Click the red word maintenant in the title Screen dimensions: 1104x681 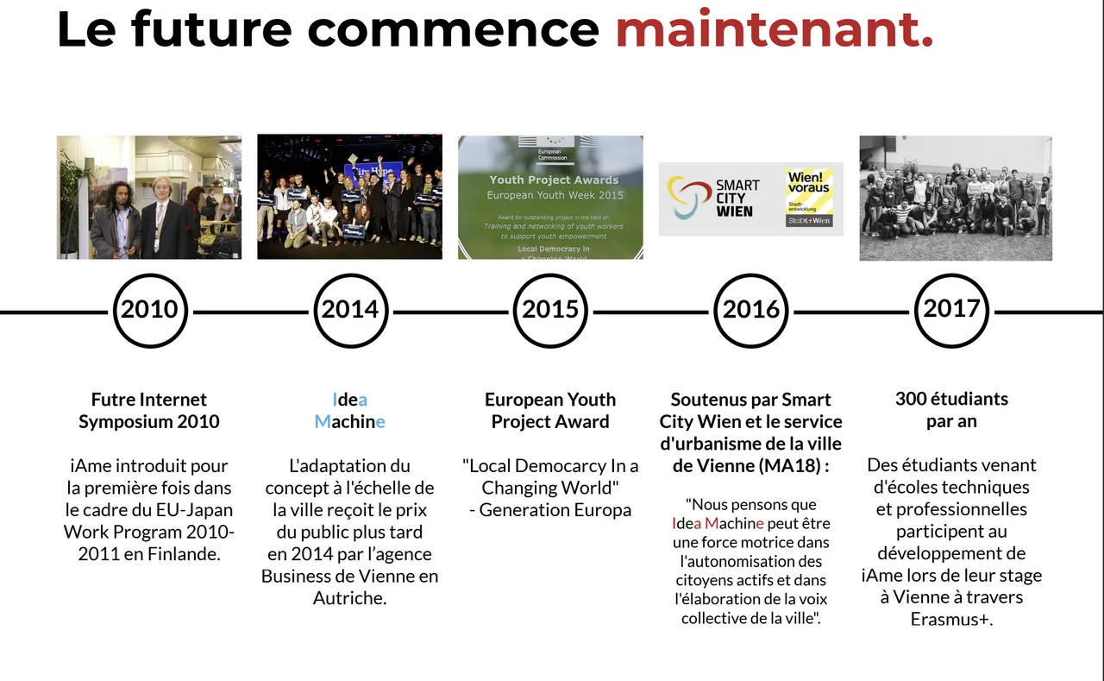pos(775,29)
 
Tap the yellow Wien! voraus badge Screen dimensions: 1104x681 pos(809,198)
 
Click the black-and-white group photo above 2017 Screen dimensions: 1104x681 pos(956,198)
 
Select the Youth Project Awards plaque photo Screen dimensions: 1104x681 pos(550,198)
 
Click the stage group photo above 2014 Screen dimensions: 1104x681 pos(350,197)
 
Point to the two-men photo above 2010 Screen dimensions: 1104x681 pos(149,198)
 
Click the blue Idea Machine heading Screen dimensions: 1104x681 pos(350,410)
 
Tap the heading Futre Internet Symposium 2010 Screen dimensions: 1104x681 pos(149,410)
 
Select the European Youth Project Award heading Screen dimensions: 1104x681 pos(550,410)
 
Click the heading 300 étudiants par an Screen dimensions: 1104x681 pos(951,410)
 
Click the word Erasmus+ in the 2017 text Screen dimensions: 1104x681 pos(951,619)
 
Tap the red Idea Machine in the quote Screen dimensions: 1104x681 pos(718,523)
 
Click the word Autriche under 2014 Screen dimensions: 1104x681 pos(350,598)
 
